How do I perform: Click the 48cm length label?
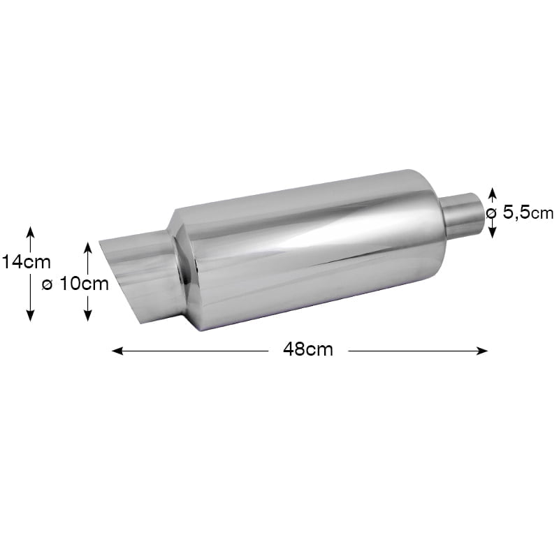tap(308, 350)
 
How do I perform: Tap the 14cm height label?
tap(27, 262)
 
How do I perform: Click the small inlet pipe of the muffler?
tap(461, 215)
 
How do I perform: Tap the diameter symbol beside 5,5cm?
tap(491, 212)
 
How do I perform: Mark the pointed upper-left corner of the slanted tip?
tap(101, 243)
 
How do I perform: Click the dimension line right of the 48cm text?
tap(412, 351)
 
